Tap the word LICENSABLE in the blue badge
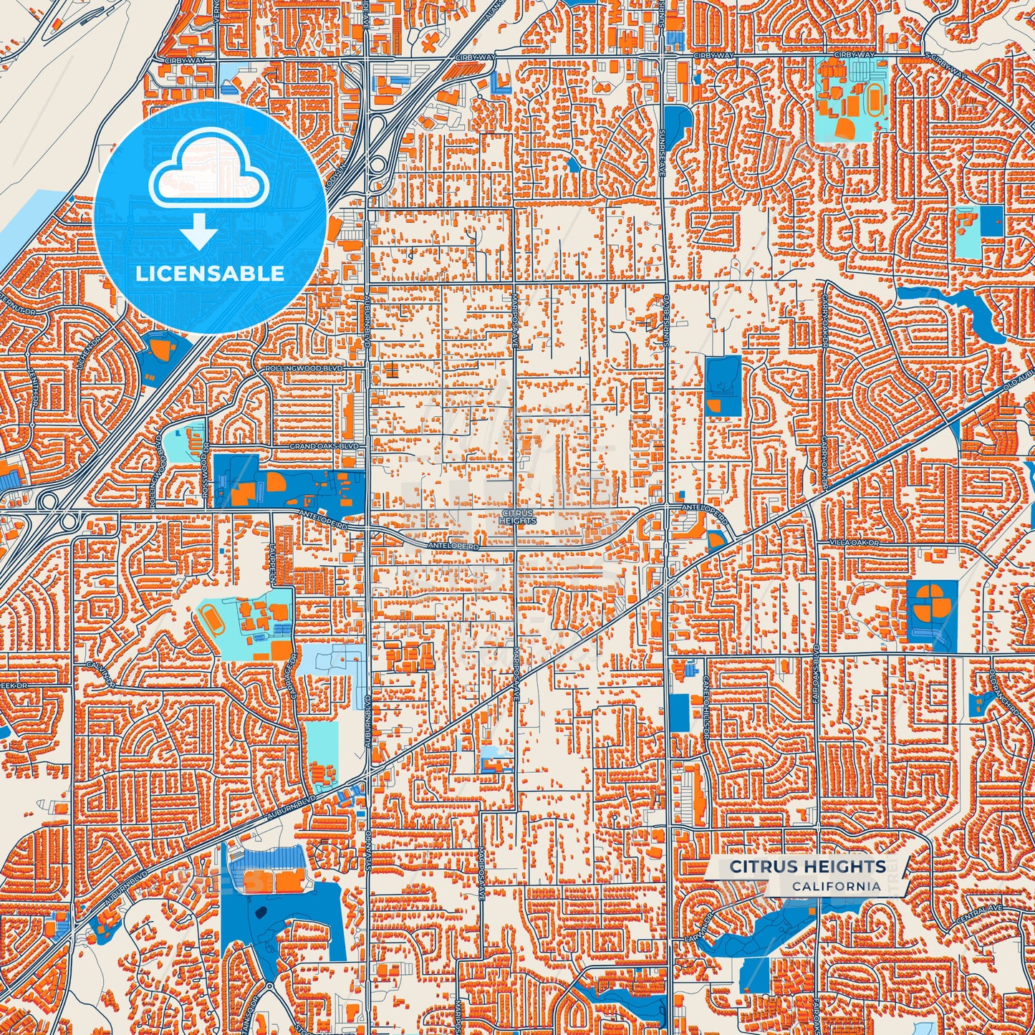pos(210,274)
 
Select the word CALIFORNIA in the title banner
pos(836,886)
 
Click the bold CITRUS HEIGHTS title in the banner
pos(807,867)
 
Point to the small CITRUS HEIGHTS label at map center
pos(519,517)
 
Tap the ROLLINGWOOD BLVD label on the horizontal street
pos(304,368)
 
